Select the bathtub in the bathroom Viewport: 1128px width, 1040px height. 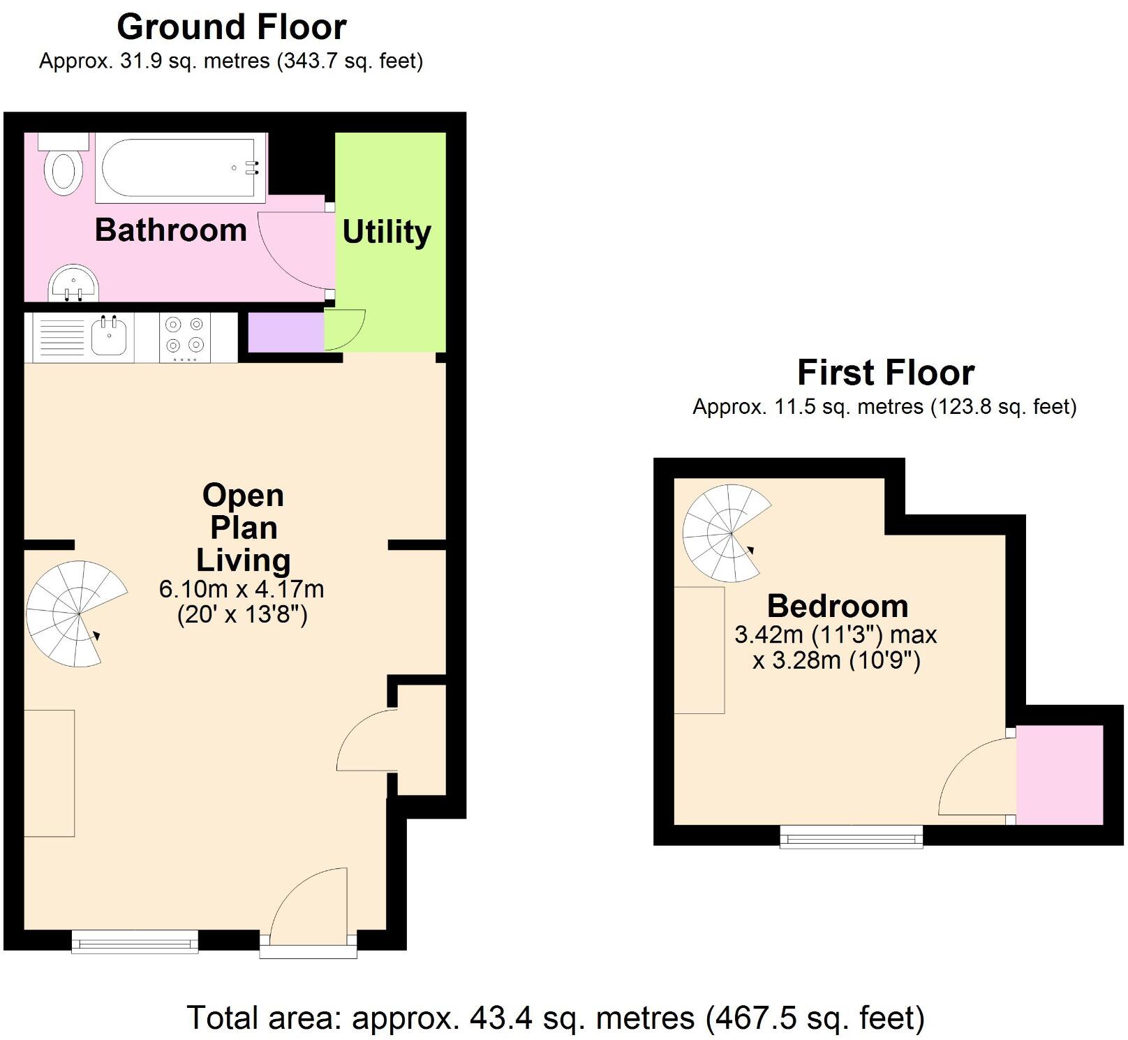(x=181, y=168)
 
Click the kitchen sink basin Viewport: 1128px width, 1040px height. (x=108, y=338)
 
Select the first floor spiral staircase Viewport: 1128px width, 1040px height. (x=727, y=533)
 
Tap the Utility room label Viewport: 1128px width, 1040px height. (x=387, y=232)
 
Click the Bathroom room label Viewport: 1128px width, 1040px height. (x=171, y=230)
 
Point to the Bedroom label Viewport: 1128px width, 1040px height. (x=838, y=606)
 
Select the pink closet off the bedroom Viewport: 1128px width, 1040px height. (x=1060, y=775)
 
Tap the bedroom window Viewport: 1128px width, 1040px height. (x=852, y=836)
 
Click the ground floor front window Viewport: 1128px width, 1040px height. (x=135, y=941)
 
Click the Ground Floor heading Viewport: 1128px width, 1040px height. (x=232, y=27)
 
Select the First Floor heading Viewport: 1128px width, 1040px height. (x=886, y=373)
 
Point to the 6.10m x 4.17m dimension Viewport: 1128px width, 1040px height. (x=242, y=589)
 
